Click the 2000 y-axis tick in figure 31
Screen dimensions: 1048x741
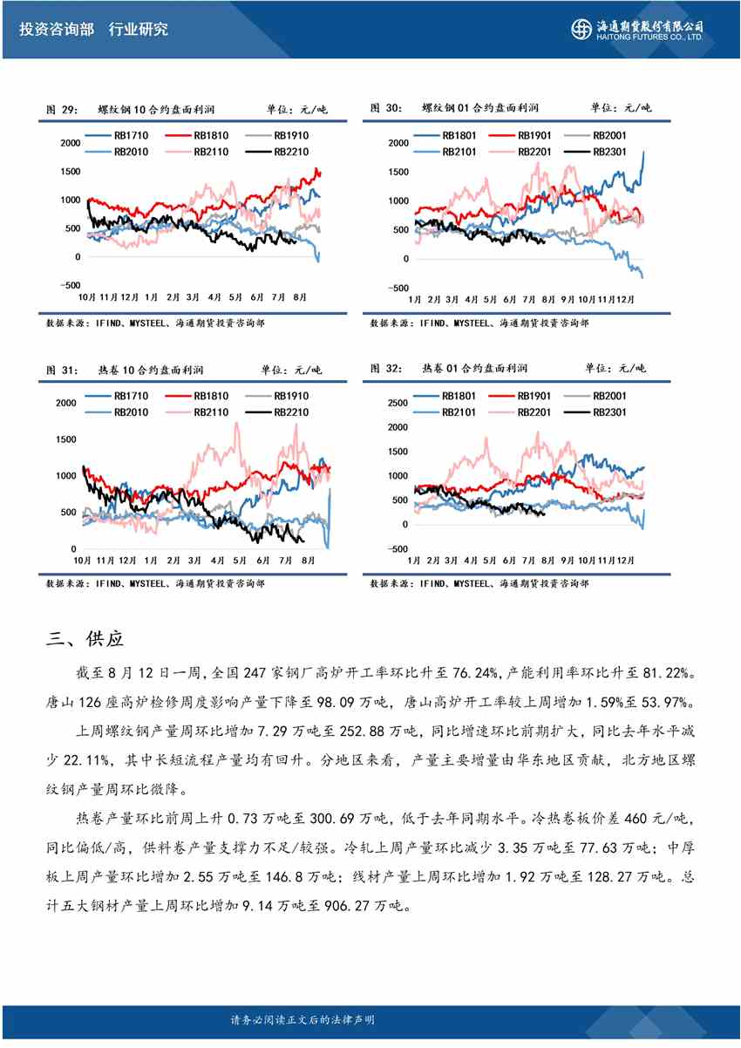65,403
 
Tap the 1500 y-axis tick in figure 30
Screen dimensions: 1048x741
397,172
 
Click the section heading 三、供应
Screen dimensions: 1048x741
85,639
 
